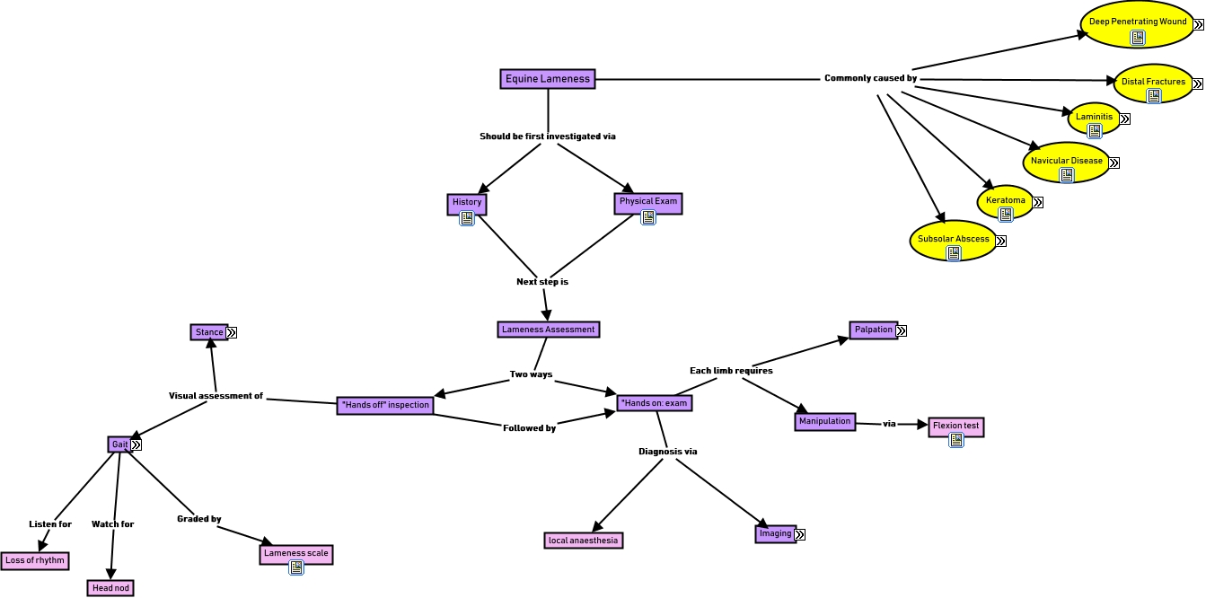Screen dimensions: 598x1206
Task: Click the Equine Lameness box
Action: click(548, 79)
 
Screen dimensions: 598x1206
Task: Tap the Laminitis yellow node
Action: click(1094, 118)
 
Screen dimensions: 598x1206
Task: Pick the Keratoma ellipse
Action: click(1005, 201)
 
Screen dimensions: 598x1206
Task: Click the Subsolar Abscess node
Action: click(953, 240)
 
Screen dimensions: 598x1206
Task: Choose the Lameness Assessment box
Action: click(548, 330)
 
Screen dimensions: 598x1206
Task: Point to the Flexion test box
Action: click(955, 426)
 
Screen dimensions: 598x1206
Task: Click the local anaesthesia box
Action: click(584, 541)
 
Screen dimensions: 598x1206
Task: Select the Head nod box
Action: click(110, 588)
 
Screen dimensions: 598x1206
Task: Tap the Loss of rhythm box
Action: click(35, 560)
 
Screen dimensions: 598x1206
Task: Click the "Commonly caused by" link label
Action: click(870, 79)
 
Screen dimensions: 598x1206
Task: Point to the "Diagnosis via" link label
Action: click(667, 452)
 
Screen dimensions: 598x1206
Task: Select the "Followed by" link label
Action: click(529, 428)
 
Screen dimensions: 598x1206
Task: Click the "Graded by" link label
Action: click(198, 519)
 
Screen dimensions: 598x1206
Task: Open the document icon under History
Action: click(467, 218)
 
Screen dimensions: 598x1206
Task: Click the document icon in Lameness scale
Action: click(295, 567)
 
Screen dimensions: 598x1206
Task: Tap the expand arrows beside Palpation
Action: click(901, 330)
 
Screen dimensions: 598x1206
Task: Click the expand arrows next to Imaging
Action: click(799, 534)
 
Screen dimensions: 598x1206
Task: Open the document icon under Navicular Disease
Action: click(1066, 175)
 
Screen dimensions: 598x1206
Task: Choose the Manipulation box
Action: click(824, 421)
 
